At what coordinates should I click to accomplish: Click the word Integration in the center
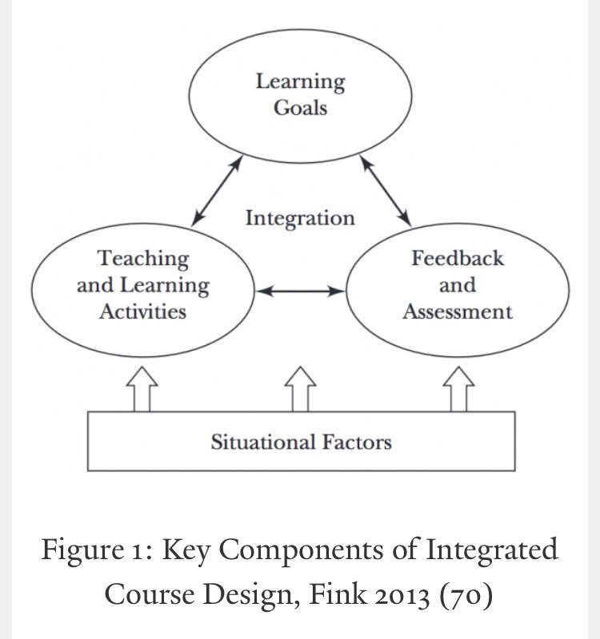[x=299, y=218]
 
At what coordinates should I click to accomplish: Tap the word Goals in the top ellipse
[x=300, y=108]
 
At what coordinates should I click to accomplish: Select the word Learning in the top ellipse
[x=300, y=81]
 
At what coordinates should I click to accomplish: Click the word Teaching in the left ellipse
[x=143, y=259]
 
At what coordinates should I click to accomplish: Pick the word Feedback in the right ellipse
[x=458, y=259]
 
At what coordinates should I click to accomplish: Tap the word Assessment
[x=458, y=312]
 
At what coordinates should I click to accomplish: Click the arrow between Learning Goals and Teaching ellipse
[x=218, y=189]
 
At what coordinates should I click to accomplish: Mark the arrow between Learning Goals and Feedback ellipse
[x=386, y=189]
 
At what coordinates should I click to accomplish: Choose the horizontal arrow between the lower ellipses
[x=299, y=292]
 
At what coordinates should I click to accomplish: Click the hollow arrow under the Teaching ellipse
[x=142, y=388]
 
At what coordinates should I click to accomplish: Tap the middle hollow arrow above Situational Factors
[x=301, y=388]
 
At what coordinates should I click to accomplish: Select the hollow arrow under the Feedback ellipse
[x=458, y=388]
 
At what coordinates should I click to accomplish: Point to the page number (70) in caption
[x=470, y=594]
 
